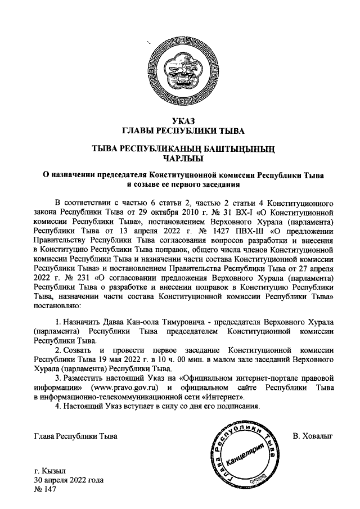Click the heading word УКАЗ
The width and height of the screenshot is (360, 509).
click(x=180, y=121)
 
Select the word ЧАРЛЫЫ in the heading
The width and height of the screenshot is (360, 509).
click(x=179, y=158)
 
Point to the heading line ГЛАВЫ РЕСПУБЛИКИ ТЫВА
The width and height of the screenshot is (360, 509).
click(x=180, y=131)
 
